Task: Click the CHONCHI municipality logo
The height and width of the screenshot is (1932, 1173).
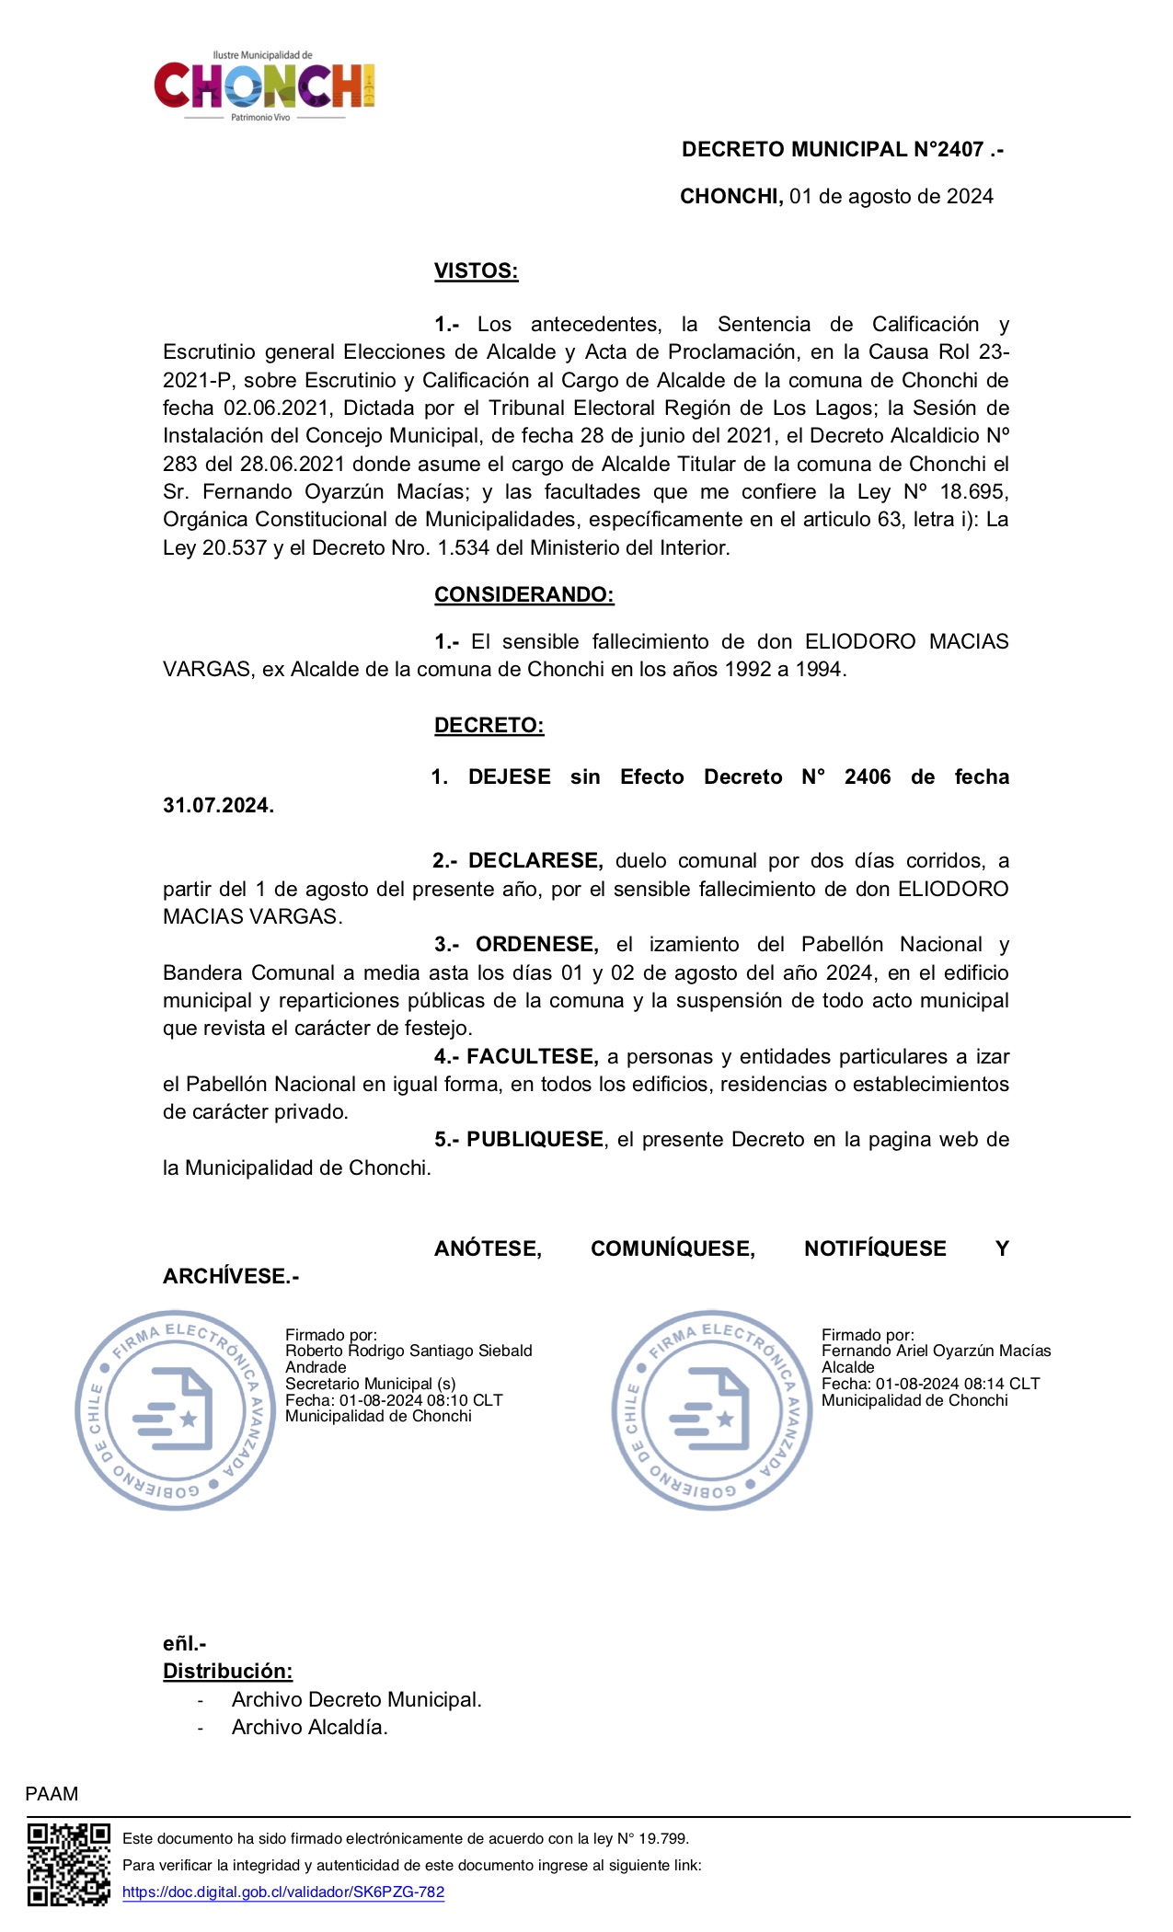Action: pos(264,86)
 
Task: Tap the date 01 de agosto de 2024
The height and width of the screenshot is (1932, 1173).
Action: pos(891,197)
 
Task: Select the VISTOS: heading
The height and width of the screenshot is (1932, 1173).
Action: pos(476,271)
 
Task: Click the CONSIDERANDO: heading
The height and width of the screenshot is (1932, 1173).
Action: pos(523,595)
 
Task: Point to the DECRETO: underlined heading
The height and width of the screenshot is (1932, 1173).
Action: pos(489,726)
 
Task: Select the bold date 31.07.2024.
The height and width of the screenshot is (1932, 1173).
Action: pos(218,806)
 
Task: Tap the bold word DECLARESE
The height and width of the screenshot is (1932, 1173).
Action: pos(535,861)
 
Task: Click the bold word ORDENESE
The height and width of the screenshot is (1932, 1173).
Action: pos(536,945)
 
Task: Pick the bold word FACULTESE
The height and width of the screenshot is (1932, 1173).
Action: pos(532,1057)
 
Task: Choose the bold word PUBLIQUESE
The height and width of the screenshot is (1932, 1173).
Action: pos(535,1140)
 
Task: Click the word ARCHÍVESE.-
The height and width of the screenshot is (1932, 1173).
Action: pos(231,1277)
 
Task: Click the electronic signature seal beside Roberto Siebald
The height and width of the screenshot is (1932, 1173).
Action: pos(175,1410)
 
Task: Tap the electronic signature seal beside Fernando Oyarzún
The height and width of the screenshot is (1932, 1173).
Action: pos(712,1410)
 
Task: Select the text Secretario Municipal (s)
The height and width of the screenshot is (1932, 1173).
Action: pos(370,1384)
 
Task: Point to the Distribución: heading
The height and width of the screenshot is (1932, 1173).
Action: pos(227,1672)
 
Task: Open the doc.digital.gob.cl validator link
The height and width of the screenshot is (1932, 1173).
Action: pos(283,1892)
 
